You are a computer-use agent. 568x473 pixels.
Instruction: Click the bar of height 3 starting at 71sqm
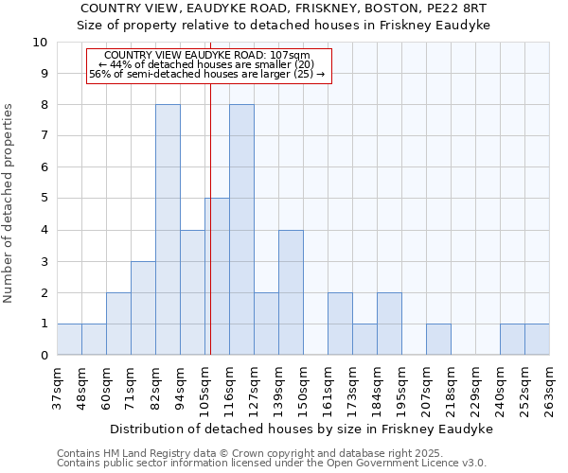pos(143,308)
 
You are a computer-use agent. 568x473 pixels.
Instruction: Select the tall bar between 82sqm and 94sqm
pos(168,230)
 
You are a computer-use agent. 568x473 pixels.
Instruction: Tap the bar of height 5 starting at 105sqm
pos(217,276)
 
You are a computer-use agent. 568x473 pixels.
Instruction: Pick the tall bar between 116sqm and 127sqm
pos(241,230)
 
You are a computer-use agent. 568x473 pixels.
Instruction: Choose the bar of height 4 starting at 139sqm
pos(291,292)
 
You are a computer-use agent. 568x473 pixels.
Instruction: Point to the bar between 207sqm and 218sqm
pos(438,339)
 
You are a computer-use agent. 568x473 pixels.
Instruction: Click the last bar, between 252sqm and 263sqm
pos(537,339)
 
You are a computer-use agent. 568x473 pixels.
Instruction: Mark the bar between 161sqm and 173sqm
pos(340,324)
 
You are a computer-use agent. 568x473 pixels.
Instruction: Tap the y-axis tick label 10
pos(40,43)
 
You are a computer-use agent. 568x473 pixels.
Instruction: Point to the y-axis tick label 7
pos(44,136)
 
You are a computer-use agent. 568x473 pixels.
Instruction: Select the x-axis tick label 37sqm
pos(58,386)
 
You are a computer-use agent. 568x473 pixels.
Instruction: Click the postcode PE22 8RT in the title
pos(471,7)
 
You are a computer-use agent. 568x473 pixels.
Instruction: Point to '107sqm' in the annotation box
pos(290,55)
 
